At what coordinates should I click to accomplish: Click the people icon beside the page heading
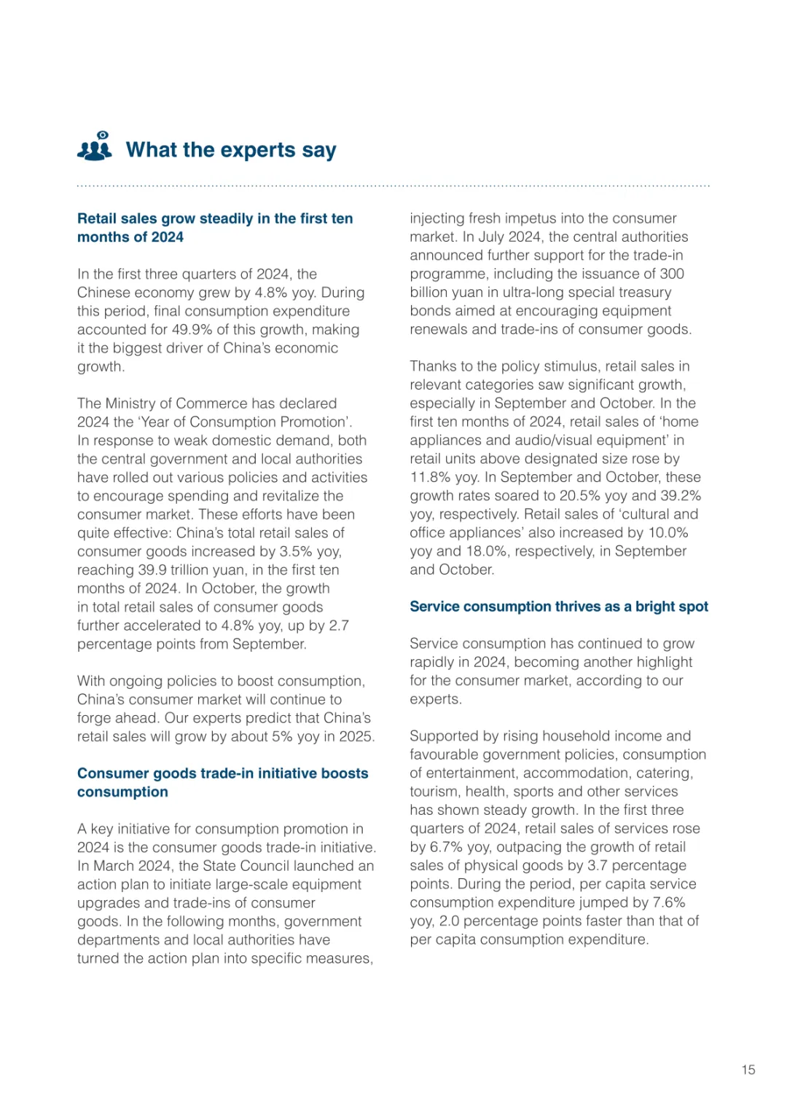[95, 146]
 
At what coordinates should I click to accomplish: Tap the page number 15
[748, 1070]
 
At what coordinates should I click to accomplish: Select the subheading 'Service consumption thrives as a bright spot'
[558, 607]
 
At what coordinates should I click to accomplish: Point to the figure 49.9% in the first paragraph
[192, 329]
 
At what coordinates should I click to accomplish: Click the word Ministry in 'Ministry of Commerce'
[133, 403]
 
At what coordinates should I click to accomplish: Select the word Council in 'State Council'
[266, 866]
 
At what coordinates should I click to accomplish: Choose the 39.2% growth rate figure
[681, 495]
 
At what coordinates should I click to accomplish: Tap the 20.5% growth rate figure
[579, 495]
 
